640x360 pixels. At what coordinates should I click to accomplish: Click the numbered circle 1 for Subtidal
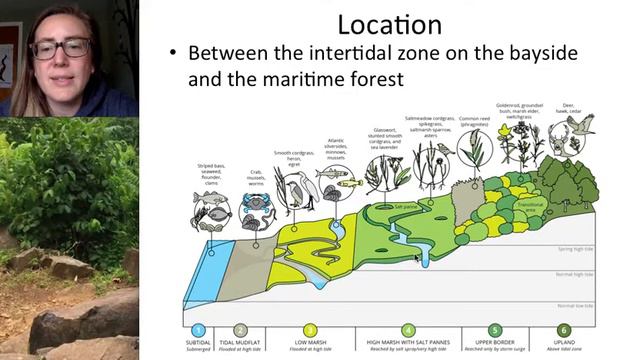coord(199,330)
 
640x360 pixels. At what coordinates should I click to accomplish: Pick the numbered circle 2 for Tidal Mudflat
coord(240,330)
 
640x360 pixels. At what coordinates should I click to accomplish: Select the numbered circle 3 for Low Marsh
coord(310,330)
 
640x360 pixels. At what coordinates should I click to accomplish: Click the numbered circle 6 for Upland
coord(564,330)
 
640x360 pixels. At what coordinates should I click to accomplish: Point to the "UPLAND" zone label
coord(564,343)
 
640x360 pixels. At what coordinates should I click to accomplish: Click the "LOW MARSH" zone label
coord(310,343)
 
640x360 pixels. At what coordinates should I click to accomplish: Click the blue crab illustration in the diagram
coord(253,204)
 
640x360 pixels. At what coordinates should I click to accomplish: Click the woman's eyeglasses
coord(62,47)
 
